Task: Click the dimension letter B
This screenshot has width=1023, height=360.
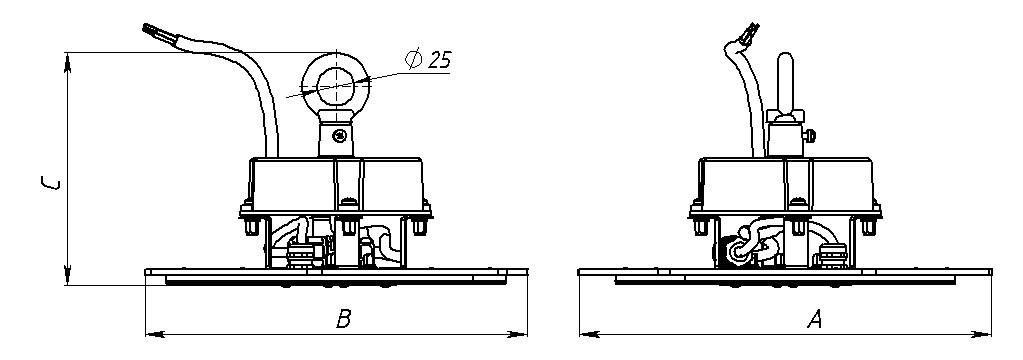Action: pyautogui.click(x=343, y=320)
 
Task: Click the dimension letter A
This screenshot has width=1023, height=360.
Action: pyautogui.click(x=815, y=320)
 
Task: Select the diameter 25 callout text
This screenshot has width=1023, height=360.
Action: pyautogui.click(x=429, y=60)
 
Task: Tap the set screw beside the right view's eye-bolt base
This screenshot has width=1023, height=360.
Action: pyautogui.click(x=812, y=131)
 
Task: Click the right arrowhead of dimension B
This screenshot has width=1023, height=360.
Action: pyautogui.click(x=523, y=332)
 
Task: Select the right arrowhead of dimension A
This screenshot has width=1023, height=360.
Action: pyautogui.click(x=988, y=332)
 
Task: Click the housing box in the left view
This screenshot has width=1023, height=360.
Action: pyautogui.click(x=338, y=182)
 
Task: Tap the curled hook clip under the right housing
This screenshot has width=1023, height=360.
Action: pyautogui.click(x=744, y=244)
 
